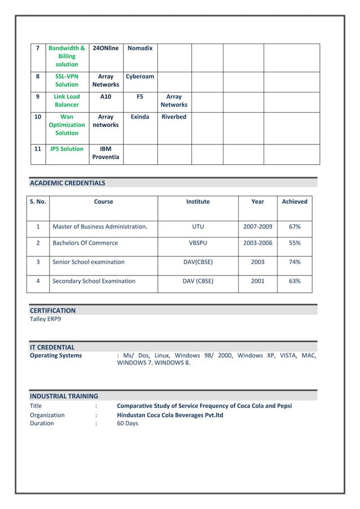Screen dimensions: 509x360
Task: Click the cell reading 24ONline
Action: tap(106, 49)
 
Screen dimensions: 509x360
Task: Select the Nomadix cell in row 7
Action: tap(140, 49)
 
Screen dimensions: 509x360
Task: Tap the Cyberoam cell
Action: tap(140, 77)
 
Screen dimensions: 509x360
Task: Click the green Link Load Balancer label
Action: tap(67, 100)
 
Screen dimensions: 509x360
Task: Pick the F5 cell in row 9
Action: tap(140, 96)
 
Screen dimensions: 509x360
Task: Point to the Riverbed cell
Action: tap(174, 117)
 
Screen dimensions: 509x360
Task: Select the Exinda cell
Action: tap(140, 117)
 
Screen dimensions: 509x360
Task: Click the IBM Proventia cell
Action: tap(106, 153)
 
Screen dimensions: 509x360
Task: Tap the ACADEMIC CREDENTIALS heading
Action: tap(67, 183)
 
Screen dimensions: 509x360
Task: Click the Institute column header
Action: tap(197, 201)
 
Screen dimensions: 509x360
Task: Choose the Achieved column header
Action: tap(295, 201)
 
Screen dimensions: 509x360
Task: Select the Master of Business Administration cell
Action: tap(100, 227)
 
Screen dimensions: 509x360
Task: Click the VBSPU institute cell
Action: tap(197, 243)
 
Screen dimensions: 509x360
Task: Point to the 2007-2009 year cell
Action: tap(257, 227)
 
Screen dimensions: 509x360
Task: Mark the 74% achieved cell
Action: tap(295, 262)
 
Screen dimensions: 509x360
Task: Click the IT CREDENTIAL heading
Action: tap(52, 347)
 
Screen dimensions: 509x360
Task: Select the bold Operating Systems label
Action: tap(55, 356)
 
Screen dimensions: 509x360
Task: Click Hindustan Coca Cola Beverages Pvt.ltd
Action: tap(170, 415)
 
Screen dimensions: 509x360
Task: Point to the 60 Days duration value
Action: tap(127, 423)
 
